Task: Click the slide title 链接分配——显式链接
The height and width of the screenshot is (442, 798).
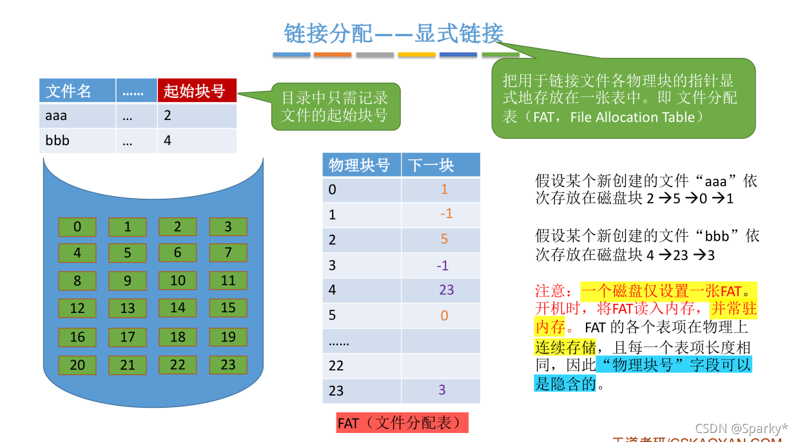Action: tap(394, 33)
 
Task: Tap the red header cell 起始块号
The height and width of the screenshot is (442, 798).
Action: tap(197, 91)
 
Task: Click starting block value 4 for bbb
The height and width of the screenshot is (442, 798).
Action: tap(168, 140)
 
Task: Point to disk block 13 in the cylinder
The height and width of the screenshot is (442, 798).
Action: tap(128, 308)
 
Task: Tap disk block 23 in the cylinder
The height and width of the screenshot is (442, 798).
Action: tap(228, 365)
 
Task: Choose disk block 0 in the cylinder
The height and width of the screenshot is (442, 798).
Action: tap(77, 226)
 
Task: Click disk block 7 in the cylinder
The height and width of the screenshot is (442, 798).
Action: tap(228, 253)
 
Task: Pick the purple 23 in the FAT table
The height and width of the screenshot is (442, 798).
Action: tap(446, 290)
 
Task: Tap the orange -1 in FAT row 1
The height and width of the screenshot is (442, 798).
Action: tap(446, 213)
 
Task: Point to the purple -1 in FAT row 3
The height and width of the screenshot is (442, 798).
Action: tap(442, 265)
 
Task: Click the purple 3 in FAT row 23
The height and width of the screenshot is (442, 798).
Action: tap(442, 390)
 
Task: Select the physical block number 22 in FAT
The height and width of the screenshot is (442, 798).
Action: tap(336, 366)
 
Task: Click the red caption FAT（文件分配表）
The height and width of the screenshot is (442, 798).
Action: tap(402, 423)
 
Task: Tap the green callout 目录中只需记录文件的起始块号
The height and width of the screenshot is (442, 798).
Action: tap(335, 106)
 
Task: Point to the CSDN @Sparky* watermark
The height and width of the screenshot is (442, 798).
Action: tap(741, 428)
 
